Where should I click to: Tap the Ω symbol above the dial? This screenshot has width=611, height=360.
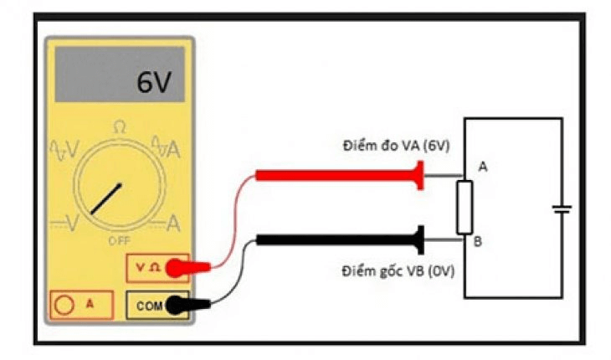tap(120, 127)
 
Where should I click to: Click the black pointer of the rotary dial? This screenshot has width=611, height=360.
tap(106, 198)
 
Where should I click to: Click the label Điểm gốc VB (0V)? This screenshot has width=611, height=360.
tap(396, 271)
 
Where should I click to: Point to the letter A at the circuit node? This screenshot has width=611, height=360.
tap(483, 167)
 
